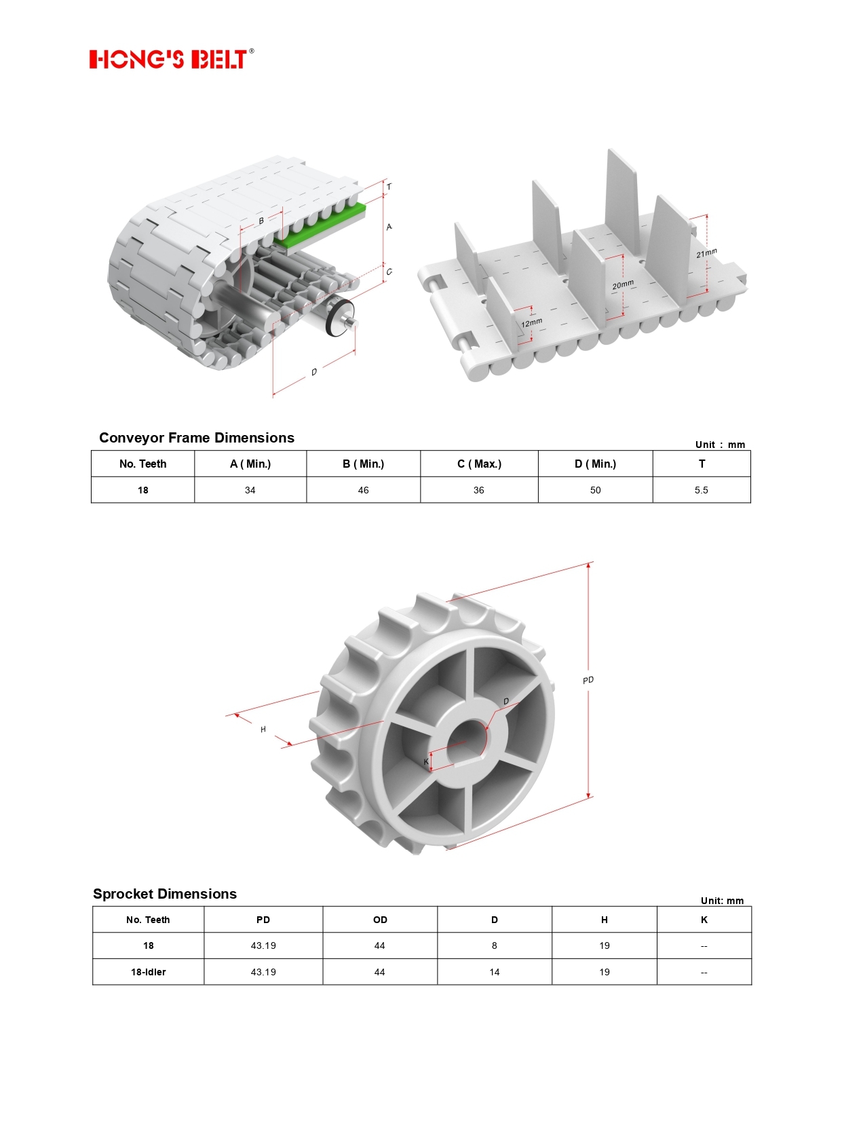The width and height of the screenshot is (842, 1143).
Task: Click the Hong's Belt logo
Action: (172, 58)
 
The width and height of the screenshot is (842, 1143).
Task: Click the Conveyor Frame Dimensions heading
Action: (196, 438)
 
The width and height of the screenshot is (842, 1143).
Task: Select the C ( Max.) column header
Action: (480, 464)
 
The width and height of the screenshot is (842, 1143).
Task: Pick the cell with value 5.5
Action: (702, 490)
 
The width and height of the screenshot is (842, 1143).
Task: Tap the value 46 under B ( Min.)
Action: (363, 490)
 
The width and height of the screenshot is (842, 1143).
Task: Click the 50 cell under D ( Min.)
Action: (595, 490)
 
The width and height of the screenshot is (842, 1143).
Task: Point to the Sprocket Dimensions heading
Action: (165, 893)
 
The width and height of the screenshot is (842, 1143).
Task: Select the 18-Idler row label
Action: (149, 971)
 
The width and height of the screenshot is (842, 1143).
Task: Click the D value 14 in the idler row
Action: (494, 971)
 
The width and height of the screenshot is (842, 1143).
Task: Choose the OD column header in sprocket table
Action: (380, 920)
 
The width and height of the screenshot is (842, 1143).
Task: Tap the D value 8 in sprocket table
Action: (494, 945)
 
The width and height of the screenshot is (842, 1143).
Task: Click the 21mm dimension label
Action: (706, 252)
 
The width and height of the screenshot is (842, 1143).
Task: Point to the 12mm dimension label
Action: (531, 322)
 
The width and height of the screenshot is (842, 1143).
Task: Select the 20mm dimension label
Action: (623, 284)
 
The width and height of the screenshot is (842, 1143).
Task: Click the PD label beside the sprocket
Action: (588, 680)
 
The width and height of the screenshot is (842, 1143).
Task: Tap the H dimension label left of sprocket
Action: (263, 730)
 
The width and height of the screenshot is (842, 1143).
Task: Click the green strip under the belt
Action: (320, 227)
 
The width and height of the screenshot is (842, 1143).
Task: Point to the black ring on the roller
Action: (339, 318)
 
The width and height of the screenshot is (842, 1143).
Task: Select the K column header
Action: (704, 920)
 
